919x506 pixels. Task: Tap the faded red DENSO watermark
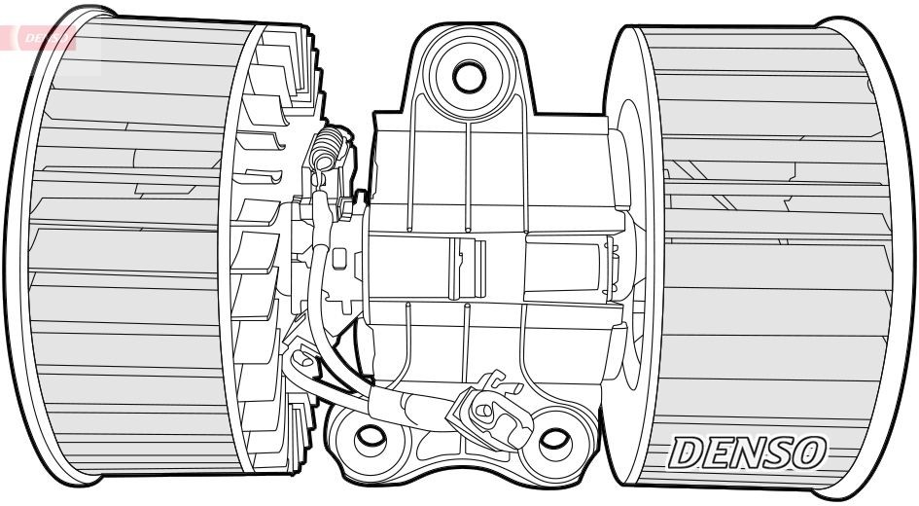click(x=44, y=38)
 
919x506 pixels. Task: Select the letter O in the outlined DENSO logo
click(x=809, y=452)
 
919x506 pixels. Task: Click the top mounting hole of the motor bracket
click(x=470, y=74)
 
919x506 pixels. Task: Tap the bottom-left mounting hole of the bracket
click(x=369, y=438)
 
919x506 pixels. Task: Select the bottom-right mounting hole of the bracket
click(x=554, y=440)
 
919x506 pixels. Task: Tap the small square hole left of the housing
click(x=339, y=260)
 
